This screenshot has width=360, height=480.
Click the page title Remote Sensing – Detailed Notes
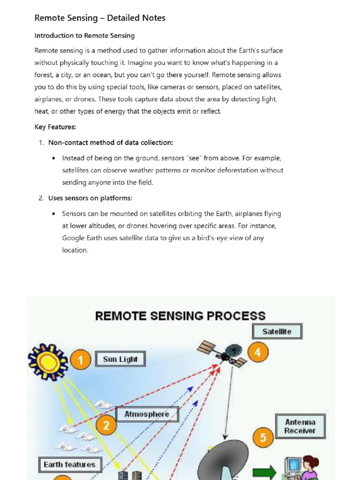tap(100, 18)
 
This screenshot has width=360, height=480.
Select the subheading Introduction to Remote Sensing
tap(84, 36)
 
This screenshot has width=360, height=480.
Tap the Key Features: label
tap(55, 127)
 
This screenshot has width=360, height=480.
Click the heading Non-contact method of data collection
tap(111, 142)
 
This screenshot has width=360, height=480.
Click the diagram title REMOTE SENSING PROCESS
tap(180, 315)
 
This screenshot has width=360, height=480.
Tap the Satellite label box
tap(277, 331)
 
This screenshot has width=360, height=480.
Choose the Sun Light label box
tap(120, 360)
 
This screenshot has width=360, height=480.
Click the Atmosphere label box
tap(146, 414)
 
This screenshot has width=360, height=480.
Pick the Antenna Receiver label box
tap(300, 426)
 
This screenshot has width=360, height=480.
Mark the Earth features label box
tap(69, 465)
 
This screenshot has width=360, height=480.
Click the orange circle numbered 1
tap(81, 361)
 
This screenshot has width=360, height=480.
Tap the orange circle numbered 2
tap(106, 426)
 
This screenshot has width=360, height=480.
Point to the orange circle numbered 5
tap(263, 438)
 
